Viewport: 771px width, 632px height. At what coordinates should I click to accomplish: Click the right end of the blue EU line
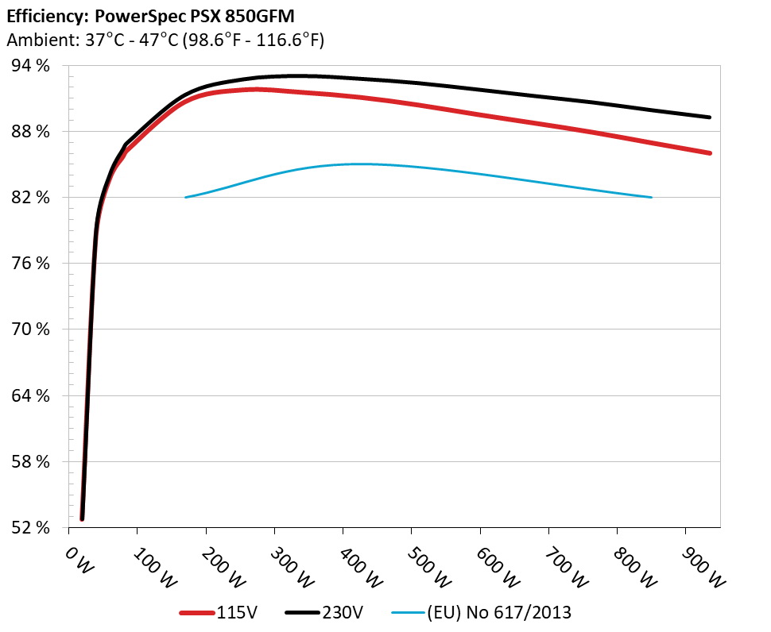point(651,197)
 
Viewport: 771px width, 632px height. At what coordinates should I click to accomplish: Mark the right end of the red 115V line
point(709,152)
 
